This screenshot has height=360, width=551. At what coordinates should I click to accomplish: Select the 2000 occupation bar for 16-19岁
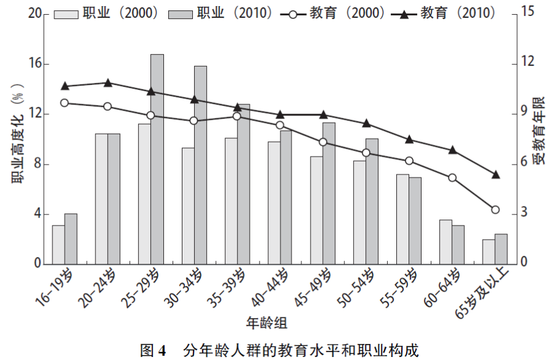(58, 245)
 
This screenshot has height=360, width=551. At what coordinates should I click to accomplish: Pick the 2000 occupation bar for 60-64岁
(446, 242)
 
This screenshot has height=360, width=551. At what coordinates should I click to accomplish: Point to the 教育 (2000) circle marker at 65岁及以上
(495, 210)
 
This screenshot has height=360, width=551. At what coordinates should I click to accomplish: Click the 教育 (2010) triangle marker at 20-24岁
(107, 83)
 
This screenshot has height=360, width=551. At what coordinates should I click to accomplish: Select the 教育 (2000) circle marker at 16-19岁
(64, 103)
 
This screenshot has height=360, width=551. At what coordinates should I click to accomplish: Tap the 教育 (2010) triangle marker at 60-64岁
(452, 150)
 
